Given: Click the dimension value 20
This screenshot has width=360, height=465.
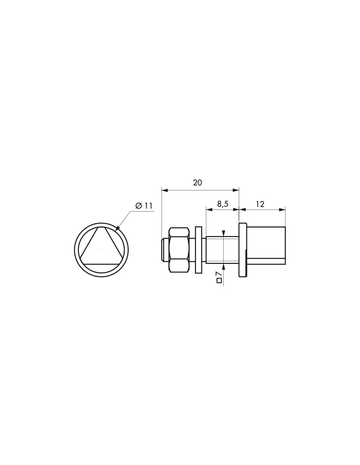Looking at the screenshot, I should (197, 182).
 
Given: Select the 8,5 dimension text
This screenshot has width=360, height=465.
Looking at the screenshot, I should (223, 204).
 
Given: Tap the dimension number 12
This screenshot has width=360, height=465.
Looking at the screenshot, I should (260, 204).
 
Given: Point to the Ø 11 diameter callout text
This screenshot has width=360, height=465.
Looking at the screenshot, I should (144, 206).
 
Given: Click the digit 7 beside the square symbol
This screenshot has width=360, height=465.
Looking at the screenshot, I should (219, 273).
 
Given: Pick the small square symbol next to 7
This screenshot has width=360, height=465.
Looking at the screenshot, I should (219, 280).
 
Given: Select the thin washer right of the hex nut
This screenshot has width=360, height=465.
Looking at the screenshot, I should (199, 250).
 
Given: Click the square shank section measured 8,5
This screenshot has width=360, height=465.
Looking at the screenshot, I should (223, 250).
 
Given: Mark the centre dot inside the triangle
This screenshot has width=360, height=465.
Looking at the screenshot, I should (101, 250).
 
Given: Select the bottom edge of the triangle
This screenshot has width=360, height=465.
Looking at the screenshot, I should (101, 264).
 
